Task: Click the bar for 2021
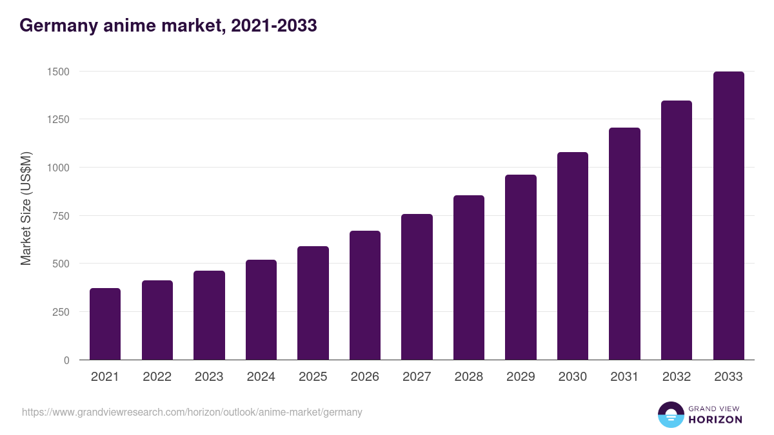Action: [x=105, y=324]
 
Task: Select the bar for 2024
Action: [x=261, y=310]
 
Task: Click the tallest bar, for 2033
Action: [x=728, y=216]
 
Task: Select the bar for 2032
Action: [x=677, y=230]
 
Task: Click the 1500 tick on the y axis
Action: [x=58, y=72]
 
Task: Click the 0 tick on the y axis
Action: [x=66, y=360]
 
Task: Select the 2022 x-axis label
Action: [x=157, y=377]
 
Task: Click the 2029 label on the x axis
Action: [x=521, y=377]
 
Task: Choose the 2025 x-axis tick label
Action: [x=313, y=377]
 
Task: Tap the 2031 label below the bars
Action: [x=624, y=377]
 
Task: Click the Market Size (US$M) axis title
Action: [x=26, y=209]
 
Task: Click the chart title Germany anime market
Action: [x=168, y=26]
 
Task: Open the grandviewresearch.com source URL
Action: [x=192, y=412]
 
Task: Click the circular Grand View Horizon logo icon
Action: [x=671, y=414]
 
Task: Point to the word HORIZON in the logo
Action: [x=715, y=420]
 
